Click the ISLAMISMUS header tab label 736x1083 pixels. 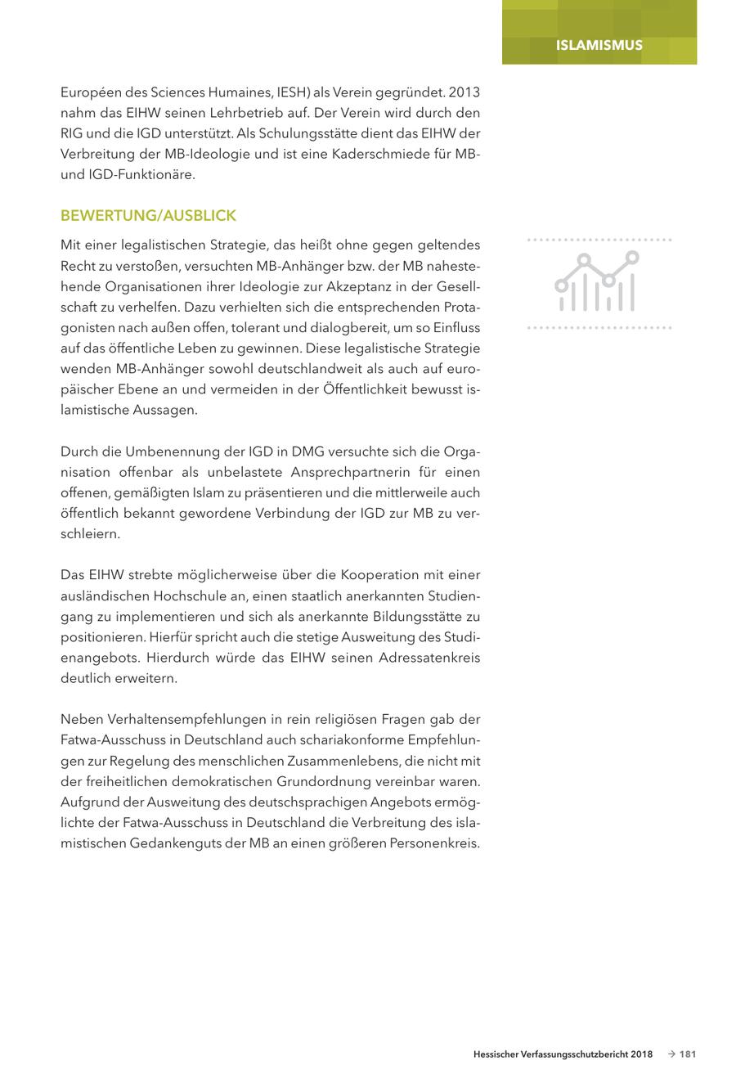click(599, 45)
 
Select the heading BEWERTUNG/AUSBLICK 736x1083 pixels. click(148, 216)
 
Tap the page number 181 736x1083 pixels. click(687, 1054)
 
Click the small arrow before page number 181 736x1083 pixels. click(671, 1054)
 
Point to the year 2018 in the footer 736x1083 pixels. click(641, 1054)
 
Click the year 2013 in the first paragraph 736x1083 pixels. click(464, 92)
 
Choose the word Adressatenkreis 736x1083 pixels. click(429, 658)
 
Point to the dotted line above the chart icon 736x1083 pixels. click(599, 240)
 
